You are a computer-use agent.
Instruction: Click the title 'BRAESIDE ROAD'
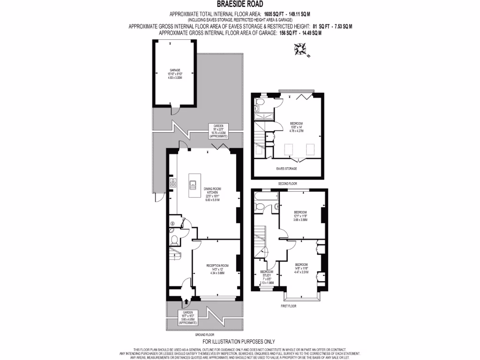point(240,5)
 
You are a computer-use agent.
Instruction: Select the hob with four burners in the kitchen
point(173,183)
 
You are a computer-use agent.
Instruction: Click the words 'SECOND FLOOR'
point(286,184)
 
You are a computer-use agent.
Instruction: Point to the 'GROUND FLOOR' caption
point(204,335)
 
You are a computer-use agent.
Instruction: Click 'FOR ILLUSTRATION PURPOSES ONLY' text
point(238,342)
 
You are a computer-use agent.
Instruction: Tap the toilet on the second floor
point(261,100)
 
